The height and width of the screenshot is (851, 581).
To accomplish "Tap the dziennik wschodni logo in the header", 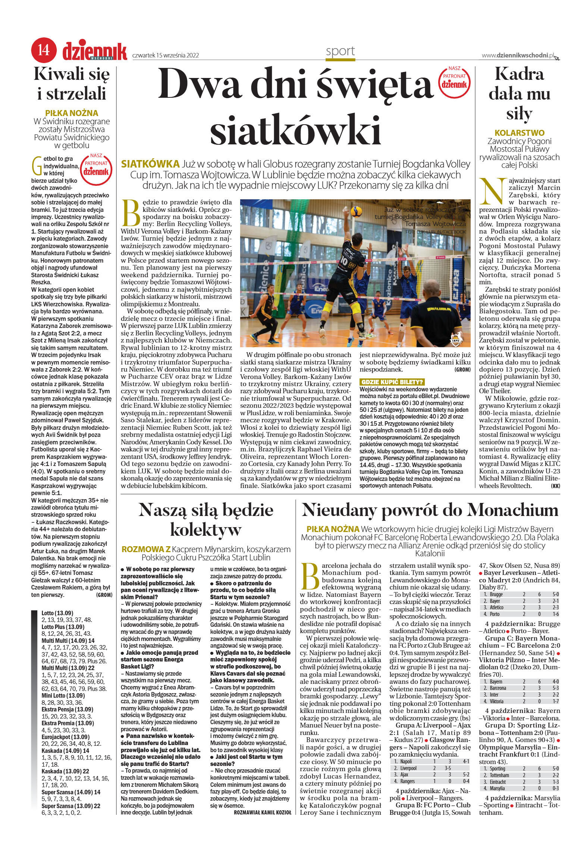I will tap(95, 51).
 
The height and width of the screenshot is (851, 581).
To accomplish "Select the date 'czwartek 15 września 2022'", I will tap(165, 56).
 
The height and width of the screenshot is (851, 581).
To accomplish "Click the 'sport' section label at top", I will tap(340, 51).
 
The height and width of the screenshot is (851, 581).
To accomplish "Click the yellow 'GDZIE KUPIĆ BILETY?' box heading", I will tap(392, 382).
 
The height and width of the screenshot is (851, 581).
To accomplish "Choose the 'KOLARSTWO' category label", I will tap(519, 132).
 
